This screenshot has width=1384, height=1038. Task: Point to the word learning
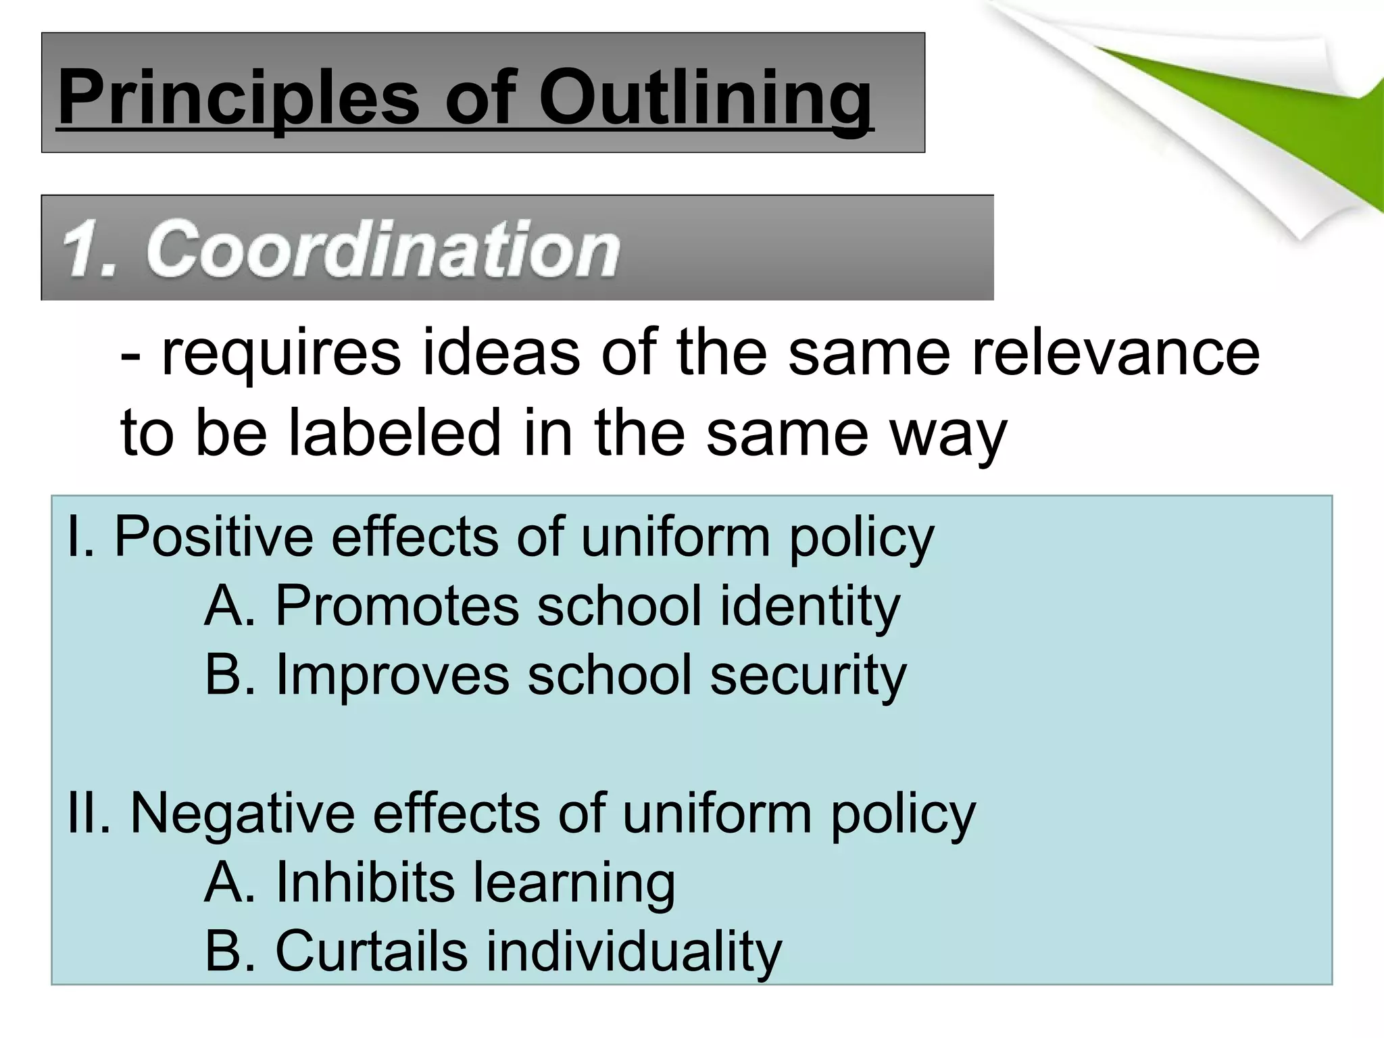[x=574, y=883]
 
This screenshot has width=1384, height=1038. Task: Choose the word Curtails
[x=371, y=951]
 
